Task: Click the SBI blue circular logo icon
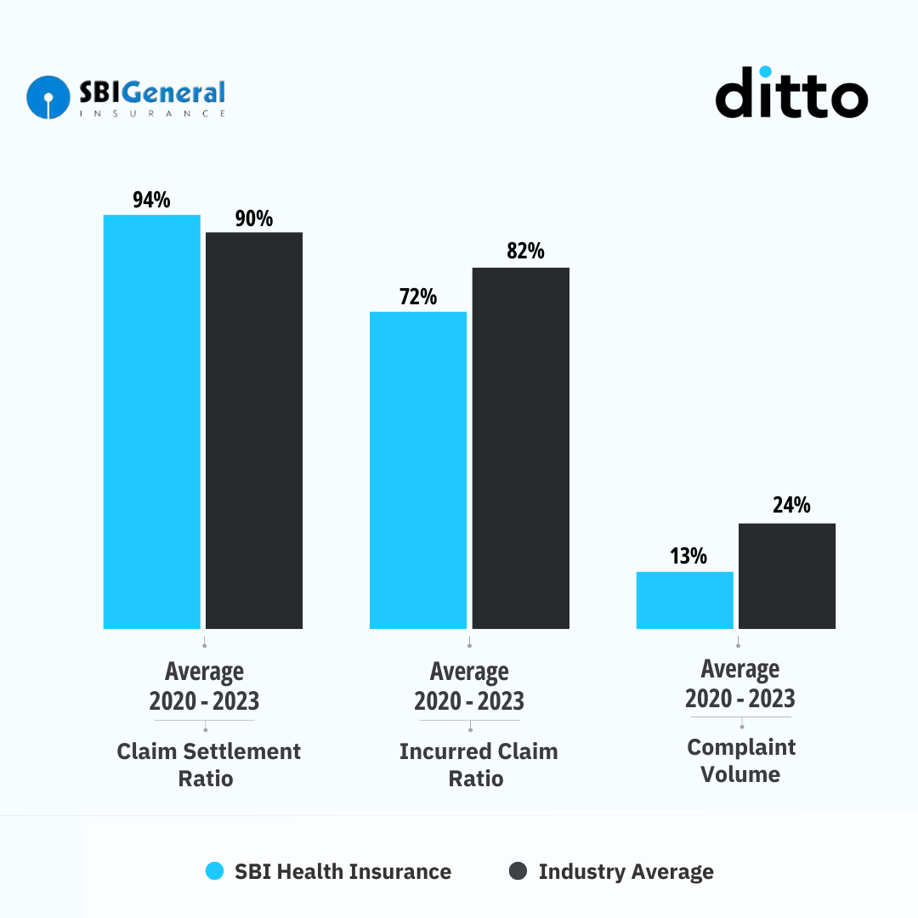(48, 97)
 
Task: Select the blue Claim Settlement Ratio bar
(151, 422)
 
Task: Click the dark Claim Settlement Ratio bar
(254, 430)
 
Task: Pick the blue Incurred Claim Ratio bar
(417, 470)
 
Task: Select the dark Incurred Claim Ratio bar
(520, 448)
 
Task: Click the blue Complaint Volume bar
(684, 600)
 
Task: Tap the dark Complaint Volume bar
(787, 575)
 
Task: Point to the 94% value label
(151, 201)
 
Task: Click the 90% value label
(254, 218)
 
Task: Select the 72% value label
(417, 297)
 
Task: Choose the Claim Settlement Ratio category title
(208, 765)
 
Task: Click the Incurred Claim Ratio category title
(478, 765)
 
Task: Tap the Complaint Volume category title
(741, 761)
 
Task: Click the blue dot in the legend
(215, 871)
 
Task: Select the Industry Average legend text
(626, 871)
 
